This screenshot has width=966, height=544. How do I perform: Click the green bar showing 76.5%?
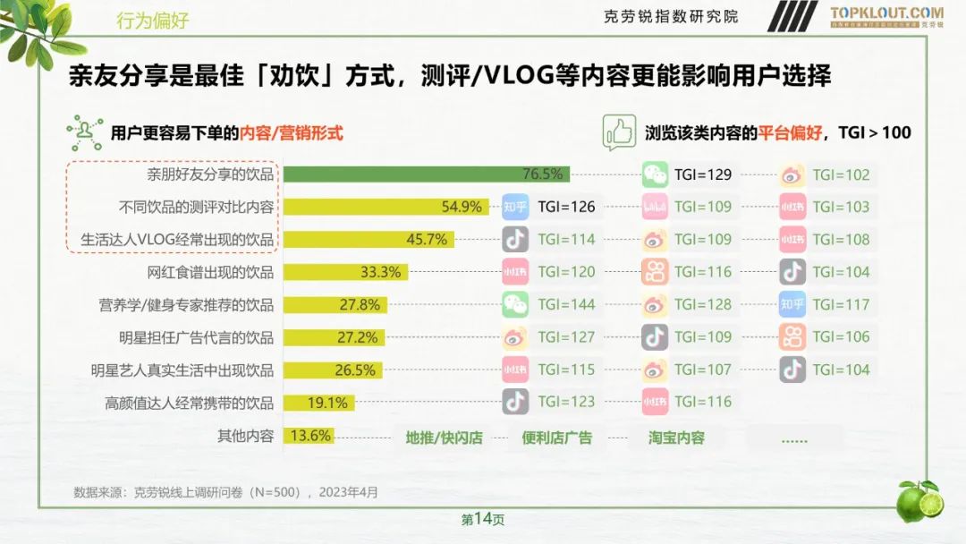coord(426,174)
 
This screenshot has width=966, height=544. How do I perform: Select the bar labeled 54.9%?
coord(386,207)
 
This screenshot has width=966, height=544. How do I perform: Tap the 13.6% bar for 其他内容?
coord(309,437)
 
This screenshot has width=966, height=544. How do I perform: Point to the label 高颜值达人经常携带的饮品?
coord(189,403)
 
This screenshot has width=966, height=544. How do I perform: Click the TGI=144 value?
coord(566,304)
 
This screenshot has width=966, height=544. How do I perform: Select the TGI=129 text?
coord(703,174)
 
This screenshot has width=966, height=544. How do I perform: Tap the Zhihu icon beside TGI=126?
coord(515,207)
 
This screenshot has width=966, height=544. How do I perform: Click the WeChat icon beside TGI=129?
coord(656,174)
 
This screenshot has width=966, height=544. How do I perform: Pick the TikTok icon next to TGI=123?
coord(515,402)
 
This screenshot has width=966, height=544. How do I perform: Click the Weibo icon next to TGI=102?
coord(792,174)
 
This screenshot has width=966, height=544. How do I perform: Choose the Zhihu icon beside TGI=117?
coord(792,304)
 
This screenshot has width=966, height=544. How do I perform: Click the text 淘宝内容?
coord(677,438)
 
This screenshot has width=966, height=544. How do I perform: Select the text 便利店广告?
coord(556,438)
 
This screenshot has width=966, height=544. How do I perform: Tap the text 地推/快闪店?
coord(444,438)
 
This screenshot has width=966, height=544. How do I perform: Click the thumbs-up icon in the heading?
coord(618,132)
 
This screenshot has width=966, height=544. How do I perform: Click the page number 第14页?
coord(483,519)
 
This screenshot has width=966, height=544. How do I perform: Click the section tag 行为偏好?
coord(153,21)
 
